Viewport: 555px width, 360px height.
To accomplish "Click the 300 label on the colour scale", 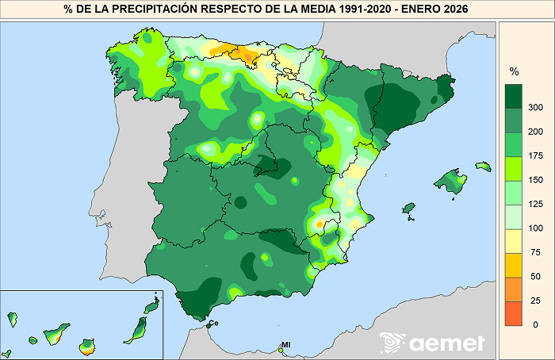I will [x=536, y=107].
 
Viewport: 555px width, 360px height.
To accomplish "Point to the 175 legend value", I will [x=536, y=155].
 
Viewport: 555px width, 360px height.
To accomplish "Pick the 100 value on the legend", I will [x=536, y=228].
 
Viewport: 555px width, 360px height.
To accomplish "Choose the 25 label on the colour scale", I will [x=536, y=301].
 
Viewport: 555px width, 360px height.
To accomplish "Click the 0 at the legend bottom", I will [x=536, y=324].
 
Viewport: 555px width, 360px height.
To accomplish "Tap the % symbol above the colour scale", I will [x=514, y=71].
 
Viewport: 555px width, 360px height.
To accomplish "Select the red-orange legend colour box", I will [x=515, y=312].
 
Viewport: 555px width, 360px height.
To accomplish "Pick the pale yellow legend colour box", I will [x=515, y=240].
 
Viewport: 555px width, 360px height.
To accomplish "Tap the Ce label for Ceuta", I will [x=213, y=324].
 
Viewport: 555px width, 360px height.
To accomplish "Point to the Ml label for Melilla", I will [x=286, y=345].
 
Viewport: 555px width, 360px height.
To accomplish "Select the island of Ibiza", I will [x=409, y=209].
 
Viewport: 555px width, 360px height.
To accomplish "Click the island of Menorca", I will [x=483, y=167].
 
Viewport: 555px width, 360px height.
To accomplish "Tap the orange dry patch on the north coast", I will [x=247, y=56].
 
